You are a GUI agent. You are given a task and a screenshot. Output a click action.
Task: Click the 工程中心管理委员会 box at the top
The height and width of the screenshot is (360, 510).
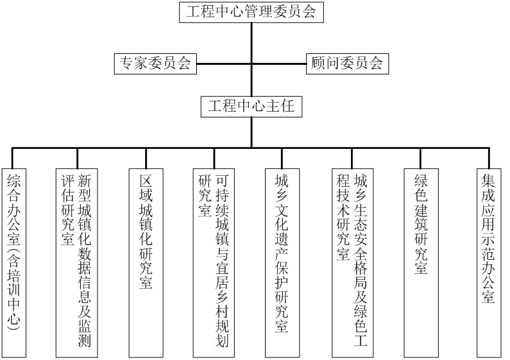point(251,12)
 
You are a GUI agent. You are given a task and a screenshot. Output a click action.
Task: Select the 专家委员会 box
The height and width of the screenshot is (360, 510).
point(155,64)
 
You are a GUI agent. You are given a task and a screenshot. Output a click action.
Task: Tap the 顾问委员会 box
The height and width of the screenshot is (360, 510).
point(347,64)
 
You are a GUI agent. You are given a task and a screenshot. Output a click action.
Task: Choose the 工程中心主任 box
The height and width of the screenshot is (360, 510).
point(251,107)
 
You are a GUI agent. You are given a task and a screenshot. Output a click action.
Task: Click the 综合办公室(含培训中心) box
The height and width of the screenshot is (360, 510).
point(13,263)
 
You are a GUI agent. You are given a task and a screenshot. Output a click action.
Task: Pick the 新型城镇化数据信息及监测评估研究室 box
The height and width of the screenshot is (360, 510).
point(77,263)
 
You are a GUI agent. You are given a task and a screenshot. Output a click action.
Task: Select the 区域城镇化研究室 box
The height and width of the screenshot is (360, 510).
point(146,263)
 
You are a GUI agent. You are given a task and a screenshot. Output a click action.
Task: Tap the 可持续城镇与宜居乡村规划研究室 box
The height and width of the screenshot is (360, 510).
point(214,263)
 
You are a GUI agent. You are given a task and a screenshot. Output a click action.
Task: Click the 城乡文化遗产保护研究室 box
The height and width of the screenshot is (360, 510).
point(282,263)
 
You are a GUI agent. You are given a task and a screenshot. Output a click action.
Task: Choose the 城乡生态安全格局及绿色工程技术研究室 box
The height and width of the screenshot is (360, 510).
point(352,263)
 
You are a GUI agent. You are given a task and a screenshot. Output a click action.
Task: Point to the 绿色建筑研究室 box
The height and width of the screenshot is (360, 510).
point(421,263)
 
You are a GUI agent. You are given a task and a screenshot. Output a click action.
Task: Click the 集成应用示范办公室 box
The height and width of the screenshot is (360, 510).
point(489,263)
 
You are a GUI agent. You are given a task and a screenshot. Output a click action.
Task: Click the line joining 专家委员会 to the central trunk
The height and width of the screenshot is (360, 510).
point(224,64)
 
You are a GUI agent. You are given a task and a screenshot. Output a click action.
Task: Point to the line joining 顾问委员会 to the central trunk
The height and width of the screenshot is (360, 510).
point(279,64)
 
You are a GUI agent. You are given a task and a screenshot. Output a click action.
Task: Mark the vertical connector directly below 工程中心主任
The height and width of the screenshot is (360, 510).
point(251,132)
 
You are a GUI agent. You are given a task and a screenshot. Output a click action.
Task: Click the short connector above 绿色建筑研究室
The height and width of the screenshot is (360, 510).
point(421,159)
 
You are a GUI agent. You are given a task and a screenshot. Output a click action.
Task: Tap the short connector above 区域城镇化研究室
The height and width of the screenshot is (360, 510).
point(146,159)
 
